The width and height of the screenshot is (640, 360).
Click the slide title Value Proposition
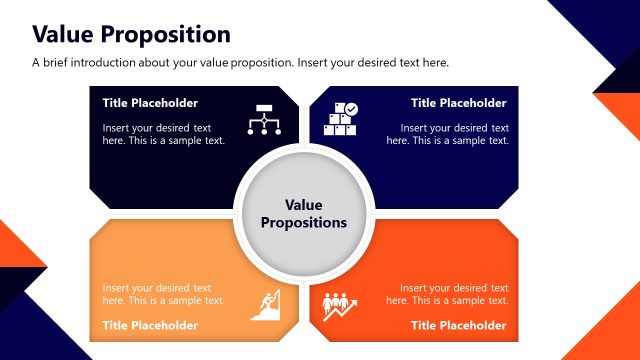tap(131, 34)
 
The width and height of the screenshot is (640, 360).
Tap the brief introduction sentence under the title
tap(240, 62)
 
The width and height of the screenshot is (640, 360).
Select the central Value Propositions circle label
tap(304, 213)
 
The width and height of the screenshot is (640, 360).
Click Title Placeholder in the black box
tap(150, 103)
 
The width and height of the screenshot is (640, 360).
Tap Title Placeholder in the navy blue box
tap(458, 103)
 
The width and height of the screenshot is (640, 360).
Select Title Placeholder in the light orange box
tap(150, 325)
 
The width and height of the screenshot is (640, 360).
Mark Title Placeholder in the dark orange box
tap(458, 325)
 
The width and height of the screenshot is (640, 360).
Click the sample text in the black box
tap(163, 134)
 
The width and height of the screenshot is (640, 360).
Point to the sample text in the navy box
tap(447, 134)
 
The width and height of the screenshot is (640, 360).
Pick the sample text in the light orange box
tap(163, 294)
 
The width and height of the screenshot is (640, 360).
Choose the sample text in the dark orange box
tap(447, 294)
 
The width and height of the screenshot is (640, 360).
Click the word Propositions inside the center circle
tap(304, 223)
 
